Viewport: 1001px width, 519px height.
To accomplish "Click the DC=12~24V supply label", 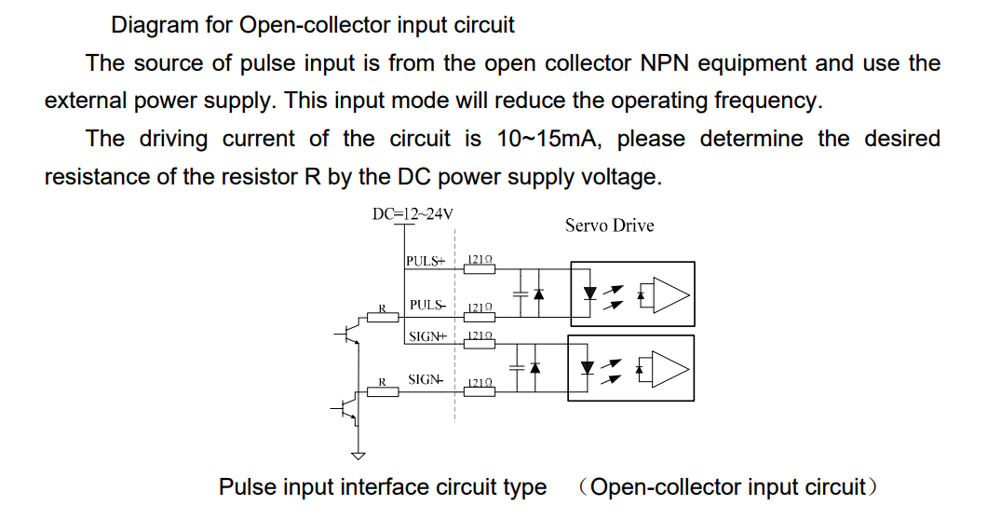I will point(413,213).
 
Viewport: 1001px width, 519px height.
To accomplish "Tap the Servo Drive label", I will point(609,225).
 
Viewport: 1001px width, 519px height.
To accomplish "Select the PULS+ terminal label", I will point(426,260).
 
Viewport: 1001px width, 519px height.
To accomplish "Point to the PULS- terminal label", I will point(427,305).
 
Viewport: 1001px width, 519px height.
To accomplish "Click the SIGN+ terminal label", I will point(427,336).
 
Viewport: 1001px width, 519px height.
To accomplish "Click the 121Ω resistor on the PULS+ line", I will point(480,267).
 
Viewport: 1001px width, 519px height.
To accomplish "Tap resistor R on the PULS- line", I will point(383,317).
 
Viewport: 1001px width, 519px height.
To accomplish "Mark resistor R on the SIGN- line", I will point(383,391).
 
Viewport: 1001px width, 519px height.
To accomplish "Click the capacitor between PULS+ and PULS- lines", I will point(520,293).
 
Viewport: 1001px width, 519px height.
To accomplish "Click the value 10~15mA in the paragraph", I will point(549,140).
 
